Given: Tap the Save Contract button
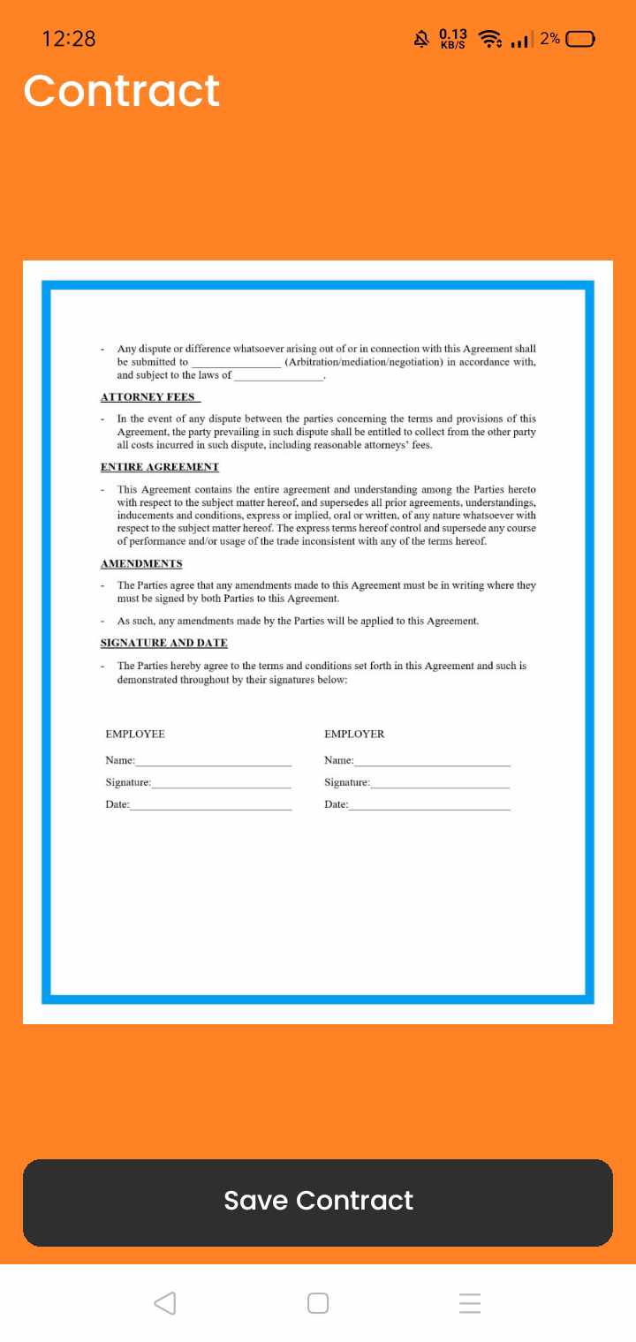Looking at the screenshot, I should click(318, 1201).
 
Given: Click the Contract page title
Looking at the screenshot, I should click(122, 91).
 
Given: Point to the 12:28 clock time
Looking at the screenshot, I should click(69, 39).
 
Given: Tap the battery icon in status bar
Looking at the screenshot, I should click(581, 39).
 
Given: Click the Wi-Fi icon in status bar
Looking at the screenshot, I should click(489, 39).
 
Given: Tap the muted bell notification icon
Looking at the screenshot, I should click(421, 39).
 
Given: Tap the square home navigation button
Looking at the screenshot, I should click(318, 1303).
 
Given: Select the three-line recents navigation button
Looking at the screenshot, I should click(470, 1303).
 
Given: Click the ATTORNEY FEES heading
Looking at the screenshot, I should click(148, 397).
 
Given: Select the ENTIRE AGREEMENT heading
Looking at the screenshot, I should click(160, 467).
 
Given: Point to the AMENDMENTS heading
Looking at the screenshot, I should click(141, 563).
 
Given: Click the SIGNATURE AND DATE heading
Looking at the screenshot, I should click(164, 643).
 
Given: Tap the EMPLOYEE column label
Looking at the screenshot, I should click(135, 735).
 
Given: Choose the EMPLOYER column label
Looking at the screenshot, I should click(354, 735).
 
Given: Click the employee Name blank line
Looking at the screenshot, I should click(213, 762).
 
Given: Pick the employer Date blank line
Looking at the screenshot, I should click(429, 806).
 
